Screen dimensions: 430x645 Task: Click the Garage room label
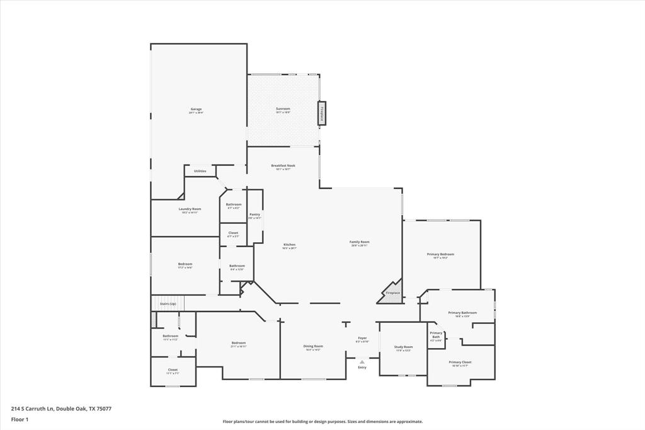197,109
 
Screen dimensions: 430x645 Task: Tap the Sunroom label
283,109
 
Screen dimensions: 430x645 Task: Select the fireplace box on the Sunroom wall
322,113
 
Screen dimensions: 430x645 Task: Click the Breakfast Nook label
283,166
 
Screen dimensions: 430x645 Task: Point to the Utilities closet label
200,171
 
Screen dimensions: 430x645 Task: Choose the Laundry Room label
190,209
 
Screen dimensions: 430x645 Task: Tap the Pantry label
254,214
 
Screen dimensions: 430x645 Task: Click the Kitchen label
289,245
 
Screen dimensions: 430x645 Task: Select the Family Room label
360,242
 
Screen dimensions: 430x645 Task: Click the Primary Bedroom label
440,254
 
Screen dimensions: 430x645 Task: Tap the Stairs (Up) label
168,304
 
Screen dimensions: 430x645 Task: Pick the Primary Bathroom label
462,313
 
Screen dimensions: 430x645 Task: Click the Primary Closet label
460,362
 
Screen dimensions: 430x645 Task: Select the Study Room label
403,347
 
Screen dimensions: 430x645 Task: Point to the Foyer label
362,338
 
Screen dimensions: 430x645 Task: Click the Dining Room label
313,346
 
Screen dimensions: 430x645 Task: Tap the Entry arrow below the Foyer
362,362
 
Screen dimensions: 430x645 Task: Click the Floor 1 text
20,419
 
